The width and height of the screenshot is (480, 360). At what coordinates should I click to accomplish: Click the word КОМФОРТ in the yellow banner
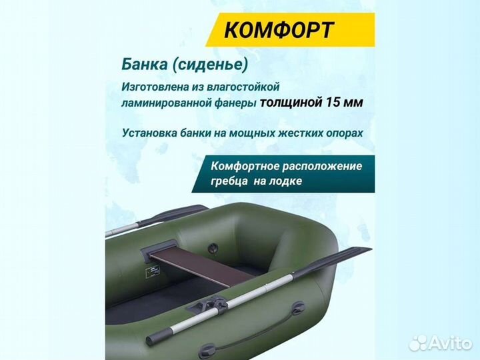279,29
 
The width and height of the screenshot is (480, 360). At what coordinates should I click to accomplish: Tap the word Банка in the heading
142,64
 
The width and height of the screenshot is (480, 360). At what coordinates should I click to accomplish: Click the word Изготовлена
155,87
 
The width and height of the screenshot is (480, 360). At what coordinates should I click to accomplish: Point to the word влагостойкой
239,87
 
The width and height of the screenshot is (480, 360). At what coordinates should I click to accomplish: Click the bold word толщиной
291,103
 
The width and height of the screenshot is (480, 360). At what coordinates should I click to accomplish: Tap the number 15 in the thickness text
335,103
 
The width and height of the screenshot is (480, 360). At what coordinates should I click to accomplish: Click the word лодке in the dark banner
287,181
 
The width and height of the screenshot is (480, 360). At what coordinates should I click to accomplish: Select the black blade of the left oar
175,214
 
